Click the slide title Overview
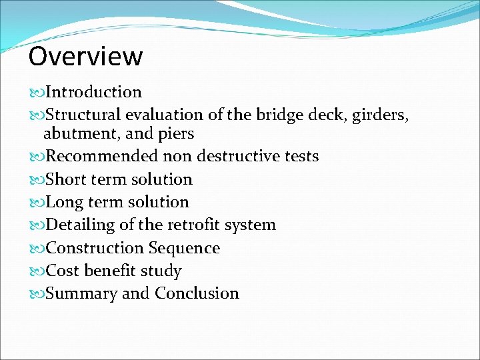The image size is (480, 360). coord(85,57)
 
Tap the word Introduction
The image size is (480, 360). coord(93,92)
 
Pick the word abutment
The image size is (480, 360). coord(73,133)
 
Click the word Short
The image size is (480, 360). coord(65,179)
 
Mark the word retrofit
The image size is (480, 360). coord(193,225)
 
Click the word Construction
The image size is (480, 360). coord(95,248)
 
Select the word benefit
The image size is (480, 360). coord(111,271)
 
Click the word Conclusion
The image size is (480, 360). coord(197,293)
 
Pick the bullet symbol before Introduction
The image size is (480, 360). coord(37,93)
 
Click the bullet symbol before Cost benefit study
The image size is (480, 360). coord(37,271)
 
